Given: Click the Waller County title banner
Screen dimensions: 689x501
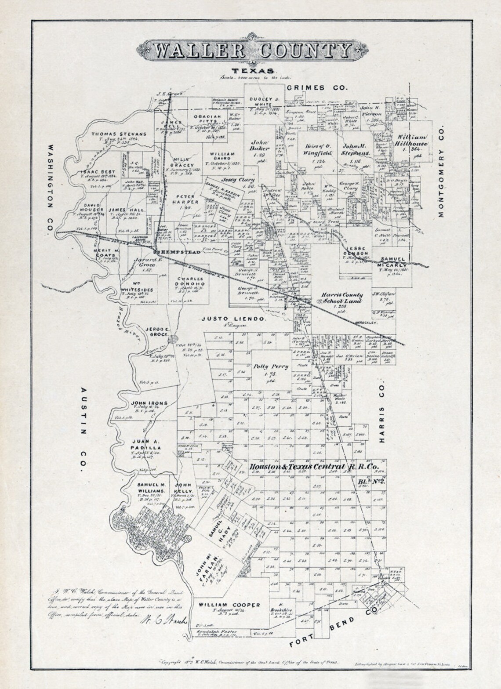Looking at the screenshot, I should click(x=249, y=51).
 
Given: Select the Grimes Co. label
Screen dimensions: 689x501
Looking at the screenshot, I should click(x=317, y=88).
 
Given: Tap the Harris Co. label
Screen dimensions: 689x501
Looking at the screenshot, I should click(x=382, y=412).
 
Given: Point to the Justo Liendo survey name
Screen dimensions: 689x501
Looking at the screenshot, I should click(x=233, y=319).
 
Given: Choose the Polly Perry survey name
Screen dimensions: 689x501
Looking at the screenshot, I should click(x=270, y=366).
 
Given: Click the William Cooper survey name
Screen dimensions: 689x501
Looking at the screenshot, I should click(x=229, y=605).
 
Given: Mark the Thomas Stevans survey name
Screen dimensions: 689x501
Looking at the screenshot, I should click(x=119, y=134).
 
